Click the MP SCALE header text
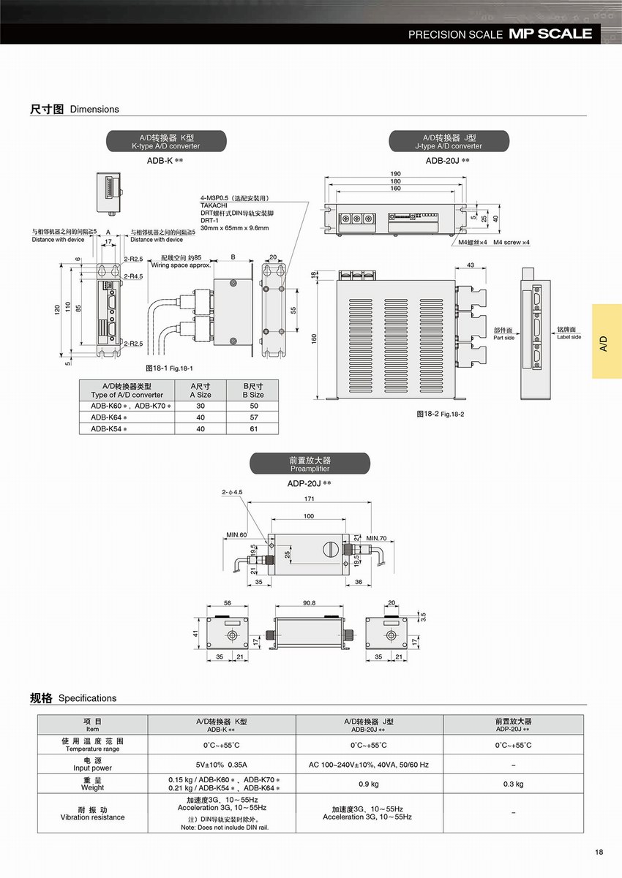pyautogui.click(x=550, y=34)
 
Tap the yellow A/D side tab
pyautogui.click(x=607, y=341)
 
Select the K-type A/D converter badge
pyautogui.click(x=165, y=141)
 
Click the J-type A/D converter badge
pyautogui.click(x=448, y=141)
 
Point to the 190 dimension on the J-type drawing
pyautogui.click(x=395, y=174)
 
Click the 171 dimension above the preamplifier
pyautogui.click(x=309, y=498)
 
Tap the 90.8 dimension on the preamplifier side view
pyautogui.click(x=308, y=603)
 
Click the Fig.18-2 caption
pyautogui.click(x=441, y=414)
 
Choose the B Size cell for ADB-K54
pyautogui.click(x=253, y=428)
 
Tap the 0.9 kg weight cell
pyautogui.click(x=369, y=784)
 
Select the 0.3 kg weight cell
pyautogui.click(x=514, y=784)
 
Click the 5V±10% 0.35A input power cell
pyautogui.click(x=222, y=765)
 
